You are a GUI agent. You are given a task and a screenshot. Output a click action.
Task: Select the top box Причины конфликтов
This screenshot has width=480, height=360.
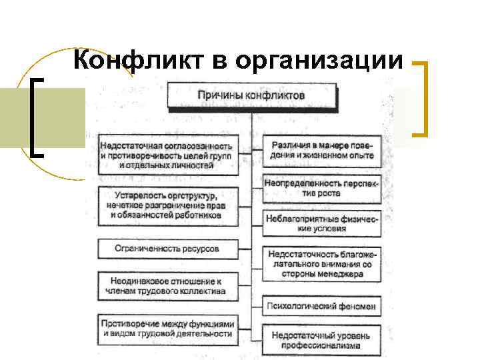click(x=251, y=95)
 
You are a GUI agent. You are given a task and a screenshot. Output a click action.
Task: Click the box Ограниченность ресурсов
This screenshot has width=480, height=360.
click(x=167, y=249)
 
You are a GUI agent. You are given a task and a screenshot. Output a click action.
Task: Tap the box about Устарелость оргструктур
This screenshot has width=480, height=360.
click(x=167, y=206)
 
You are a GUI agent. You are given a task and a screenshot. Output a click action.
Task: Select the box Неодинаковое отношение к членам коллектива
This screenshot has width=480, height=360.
click(x=167, y=285)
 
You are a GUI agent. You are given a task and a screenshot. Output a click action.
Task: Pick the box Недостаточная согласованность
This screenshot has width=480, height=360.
click(x=167, y=155)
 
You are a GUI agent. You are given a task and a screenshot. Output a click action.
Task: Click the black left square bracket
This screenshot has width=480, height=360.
click(x=36, y=117)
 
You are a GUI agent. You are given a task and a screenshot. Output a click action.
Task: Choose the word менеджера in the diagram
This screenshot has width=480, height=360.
click(x=340, y=273)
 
